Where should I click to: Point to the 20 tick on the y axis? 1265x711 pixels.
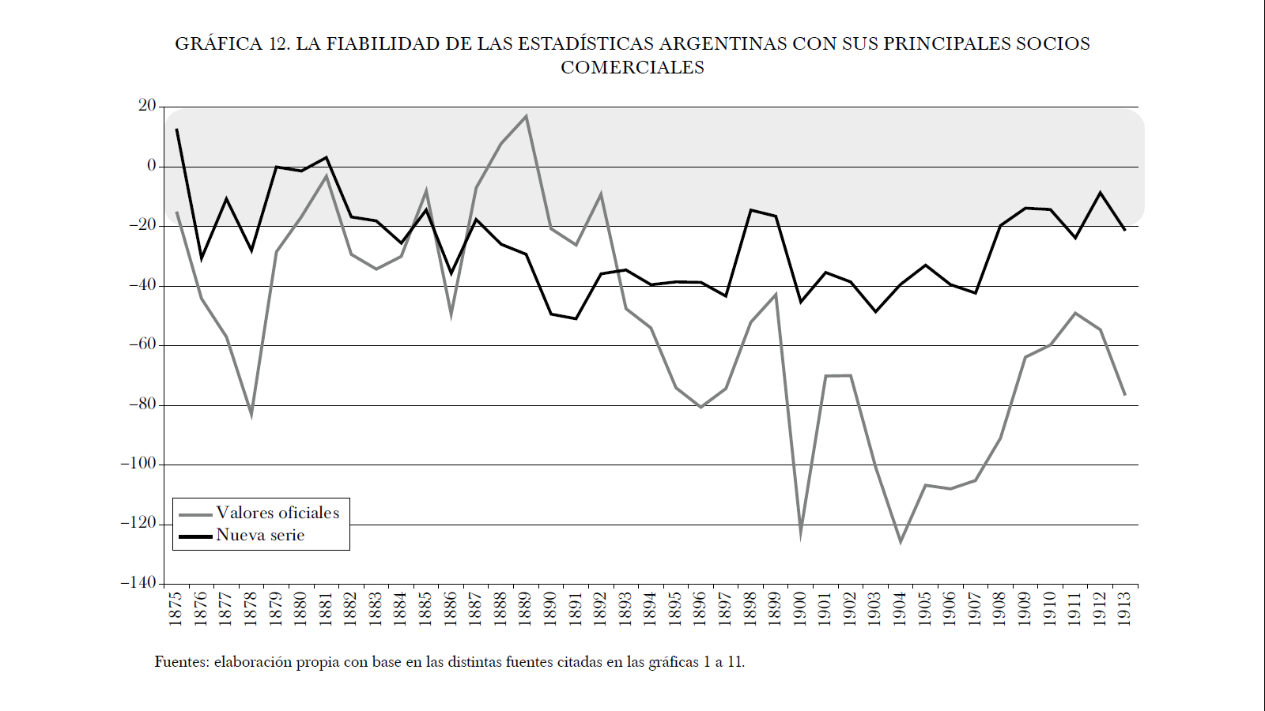click(147, 106)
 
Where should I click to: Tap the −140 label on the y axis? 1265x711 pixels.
click(138, 583)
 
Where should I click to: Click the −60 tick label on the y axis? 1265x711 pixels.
click(142, 344)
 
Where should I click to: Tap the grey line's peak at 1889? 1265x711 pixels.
click(526, 117)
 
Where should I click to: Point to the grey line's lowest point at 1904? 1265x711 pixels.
click(901, 542)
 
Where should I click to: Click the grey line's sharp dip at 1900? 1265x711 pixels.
click(800, 534)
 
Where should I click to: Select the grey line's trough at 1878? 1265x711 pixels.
click(251, 413)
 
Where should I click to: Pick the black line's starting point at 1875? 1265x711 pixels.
click(176, 129)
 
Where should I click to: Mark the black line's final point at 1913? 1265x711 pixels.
click(1125, 230)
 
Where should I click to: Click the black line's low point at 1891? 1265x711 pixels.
click(576, 318)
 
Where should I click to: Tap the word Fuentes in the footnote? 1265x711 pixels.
click(181, 662)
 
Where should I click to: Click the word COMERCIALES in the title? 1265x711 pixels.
click(632, 68)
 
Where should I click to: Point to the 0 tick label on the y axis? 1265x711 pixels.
click(152, 166)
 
